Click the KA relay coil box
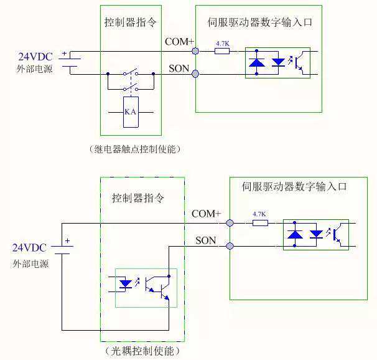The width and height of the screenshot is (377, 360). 131,112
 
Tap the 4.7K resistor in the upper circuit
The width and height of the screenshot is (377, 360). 222,51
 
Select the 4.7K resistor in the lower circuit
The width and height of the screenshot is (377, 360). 260,222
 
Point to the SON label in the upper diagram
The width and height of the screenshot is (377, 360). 179,67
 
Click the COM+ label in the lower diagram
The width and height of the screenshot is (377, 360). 206,214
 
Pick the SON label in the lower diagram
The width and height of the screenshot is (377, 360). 207,240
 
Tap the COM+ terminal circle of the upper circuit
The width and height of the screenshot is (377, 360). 195,51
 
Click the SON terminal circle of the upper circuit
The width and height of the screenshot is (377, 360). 195,74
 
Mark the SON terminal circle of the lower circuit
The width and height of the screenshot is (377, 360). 230,246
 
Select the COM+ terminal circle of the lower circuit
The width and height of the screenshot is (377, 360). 230,222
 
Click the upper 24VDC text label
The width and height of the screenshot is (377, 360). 36,57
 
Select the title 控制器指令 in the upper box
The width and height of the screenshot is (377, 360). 130,22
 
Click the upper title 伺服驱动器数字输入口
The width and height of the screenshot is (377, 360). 259,22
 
